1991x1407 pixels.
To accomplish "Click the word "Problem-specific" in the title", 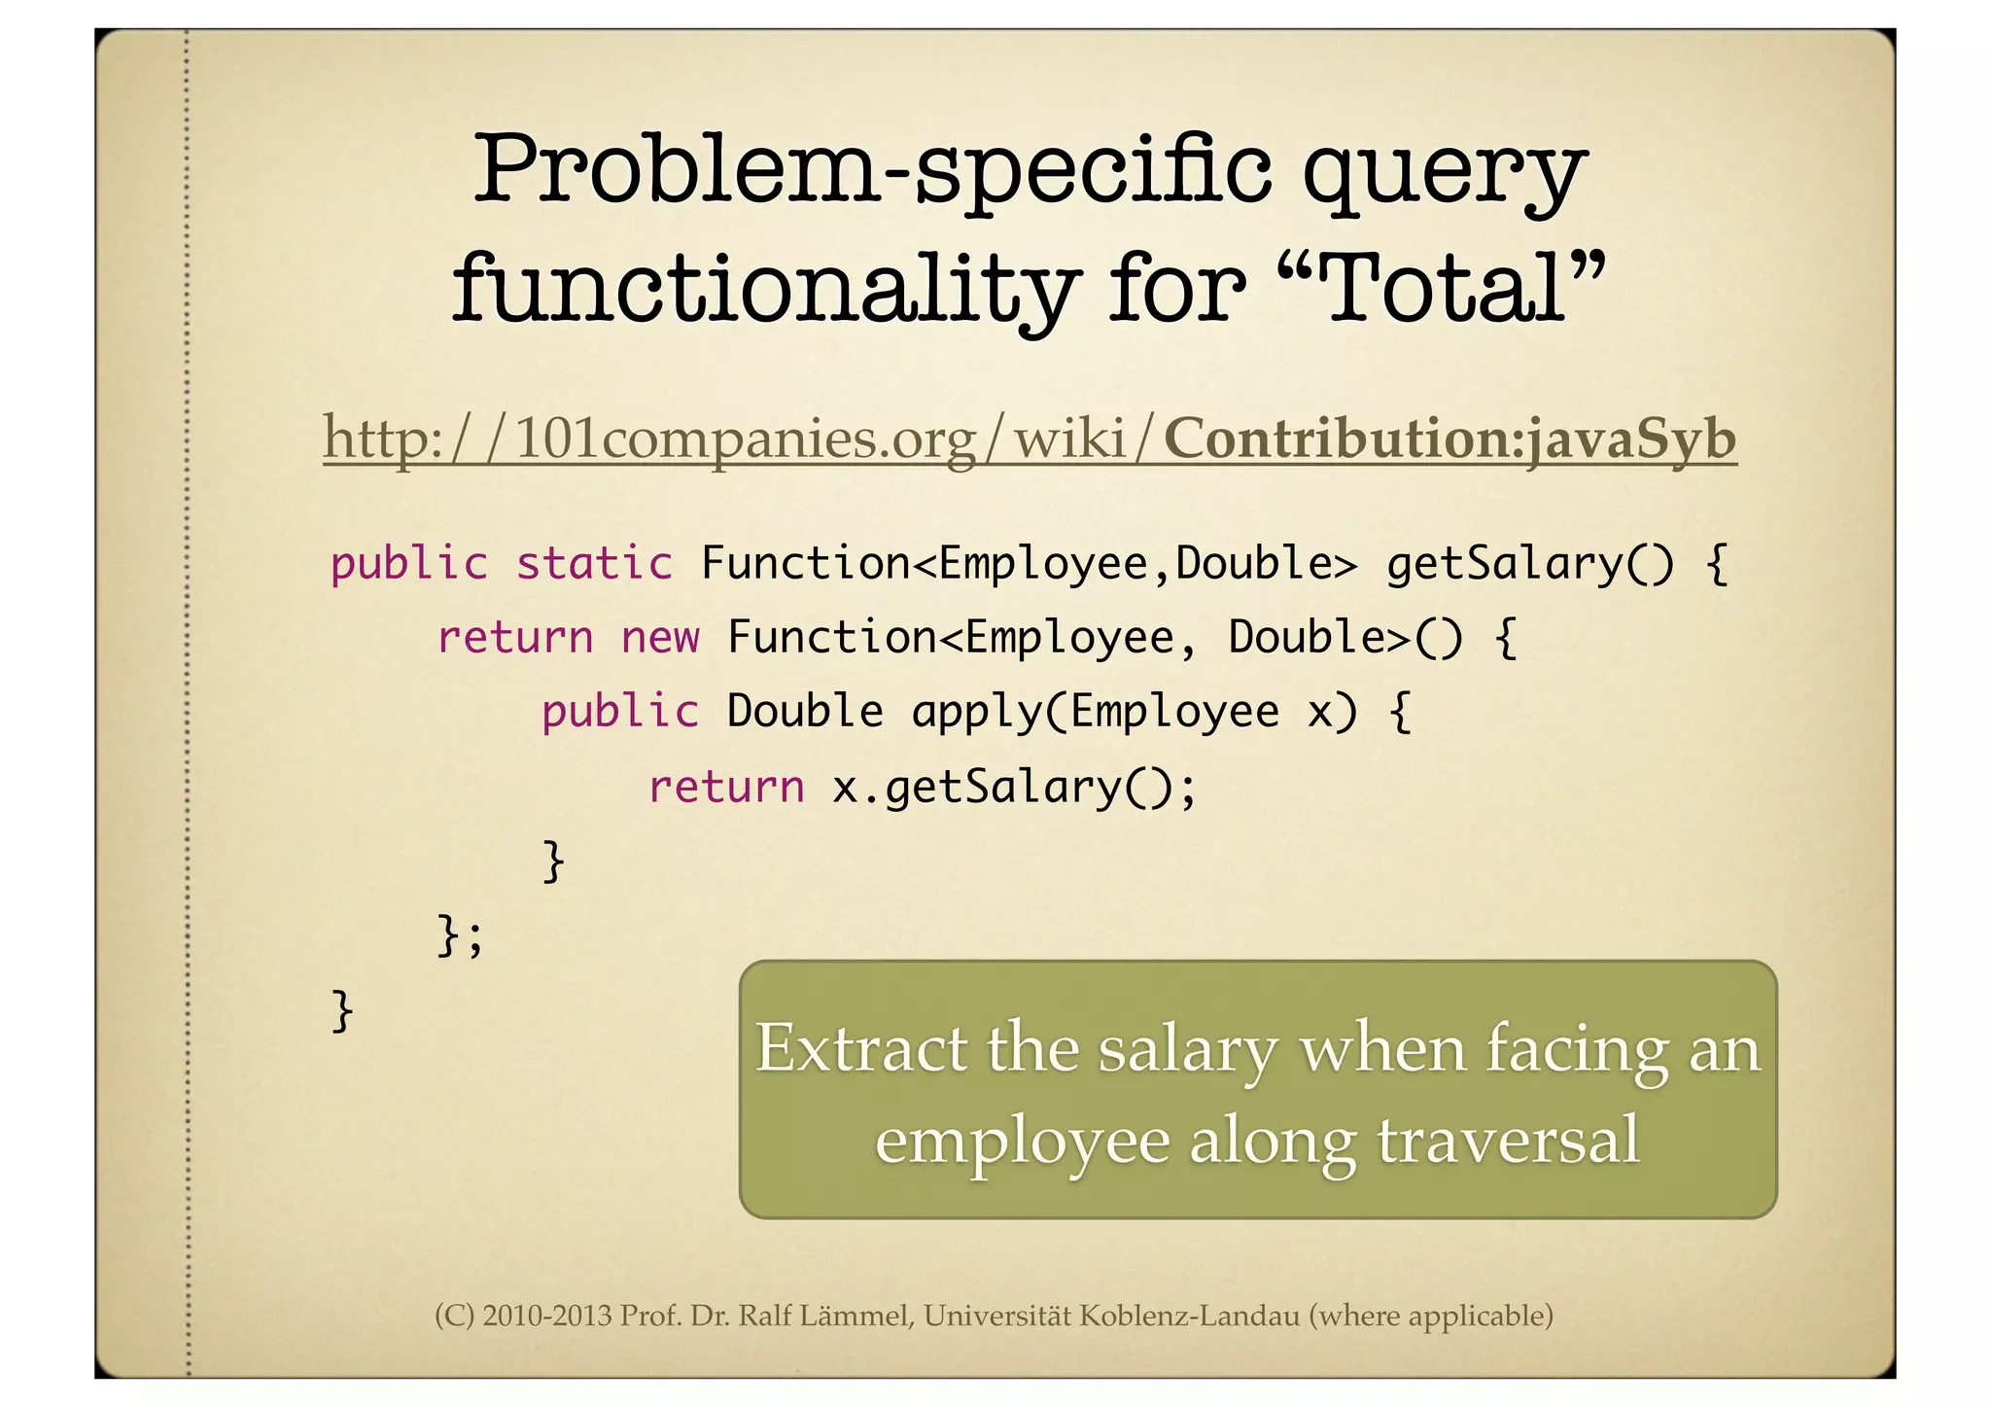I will tap(871, 169).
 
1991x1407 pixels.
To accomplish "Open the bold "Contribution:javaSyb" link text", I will tap(1450, 440).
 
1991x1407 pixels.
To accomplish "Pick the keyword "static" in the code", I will tap(593, 564).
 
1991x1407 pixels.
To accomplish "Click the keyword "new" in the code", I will tap(660, 638).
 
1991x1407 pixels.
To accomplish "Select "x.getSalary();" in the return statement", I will tap(1014, 787).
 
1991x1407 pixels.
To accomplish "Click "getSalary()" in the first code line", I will tap(1530, 564).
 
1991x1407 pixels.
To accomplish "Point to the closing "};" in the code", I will tap(459, 936).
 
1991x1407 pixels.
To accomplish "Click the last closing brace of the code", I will tap(341, 1011).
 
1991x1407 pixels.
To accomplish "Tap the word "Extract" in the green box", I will tap(861, 1050).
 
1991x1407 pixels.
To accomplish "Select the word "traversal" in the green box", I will tap(1508, 1140).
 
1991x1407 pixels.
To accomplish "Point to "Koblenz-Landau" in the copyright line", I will tap(1189, 1316).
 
